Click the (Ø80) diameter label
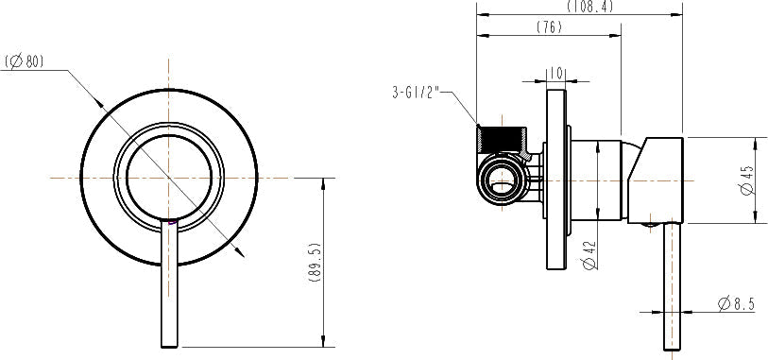coord(25,61)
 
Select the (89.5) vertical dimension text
coord(315,263)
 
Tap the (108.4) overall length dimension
coord(589,7)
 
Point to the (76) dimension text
coord(549,27)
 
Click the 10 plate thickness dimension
coord(555,74)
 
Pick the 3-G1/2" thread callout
coord(418,93)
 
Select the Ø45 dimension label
coord(747,180)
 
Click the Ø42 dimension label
coord(590,255)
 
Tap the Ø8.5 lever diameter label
coord(736,303)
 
